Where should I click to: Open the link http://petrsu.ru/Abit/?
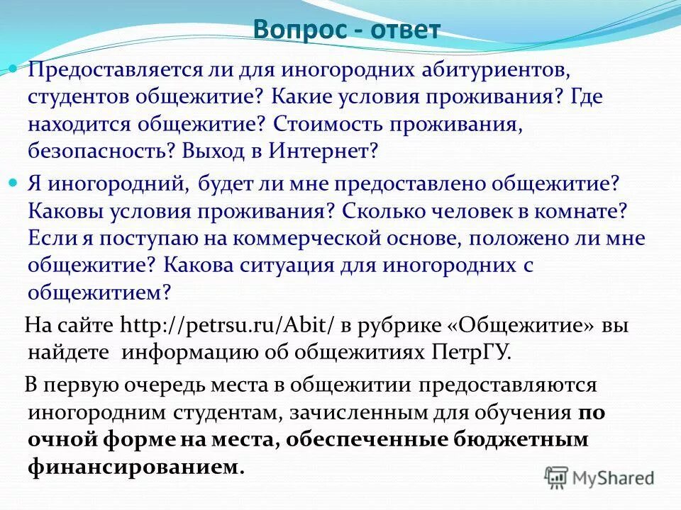(228, 325)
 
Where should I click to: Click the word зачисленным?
(397, 412)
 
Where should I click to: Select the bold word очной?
(65, 439)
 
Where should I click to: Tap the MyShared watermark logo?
(599, 477)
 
